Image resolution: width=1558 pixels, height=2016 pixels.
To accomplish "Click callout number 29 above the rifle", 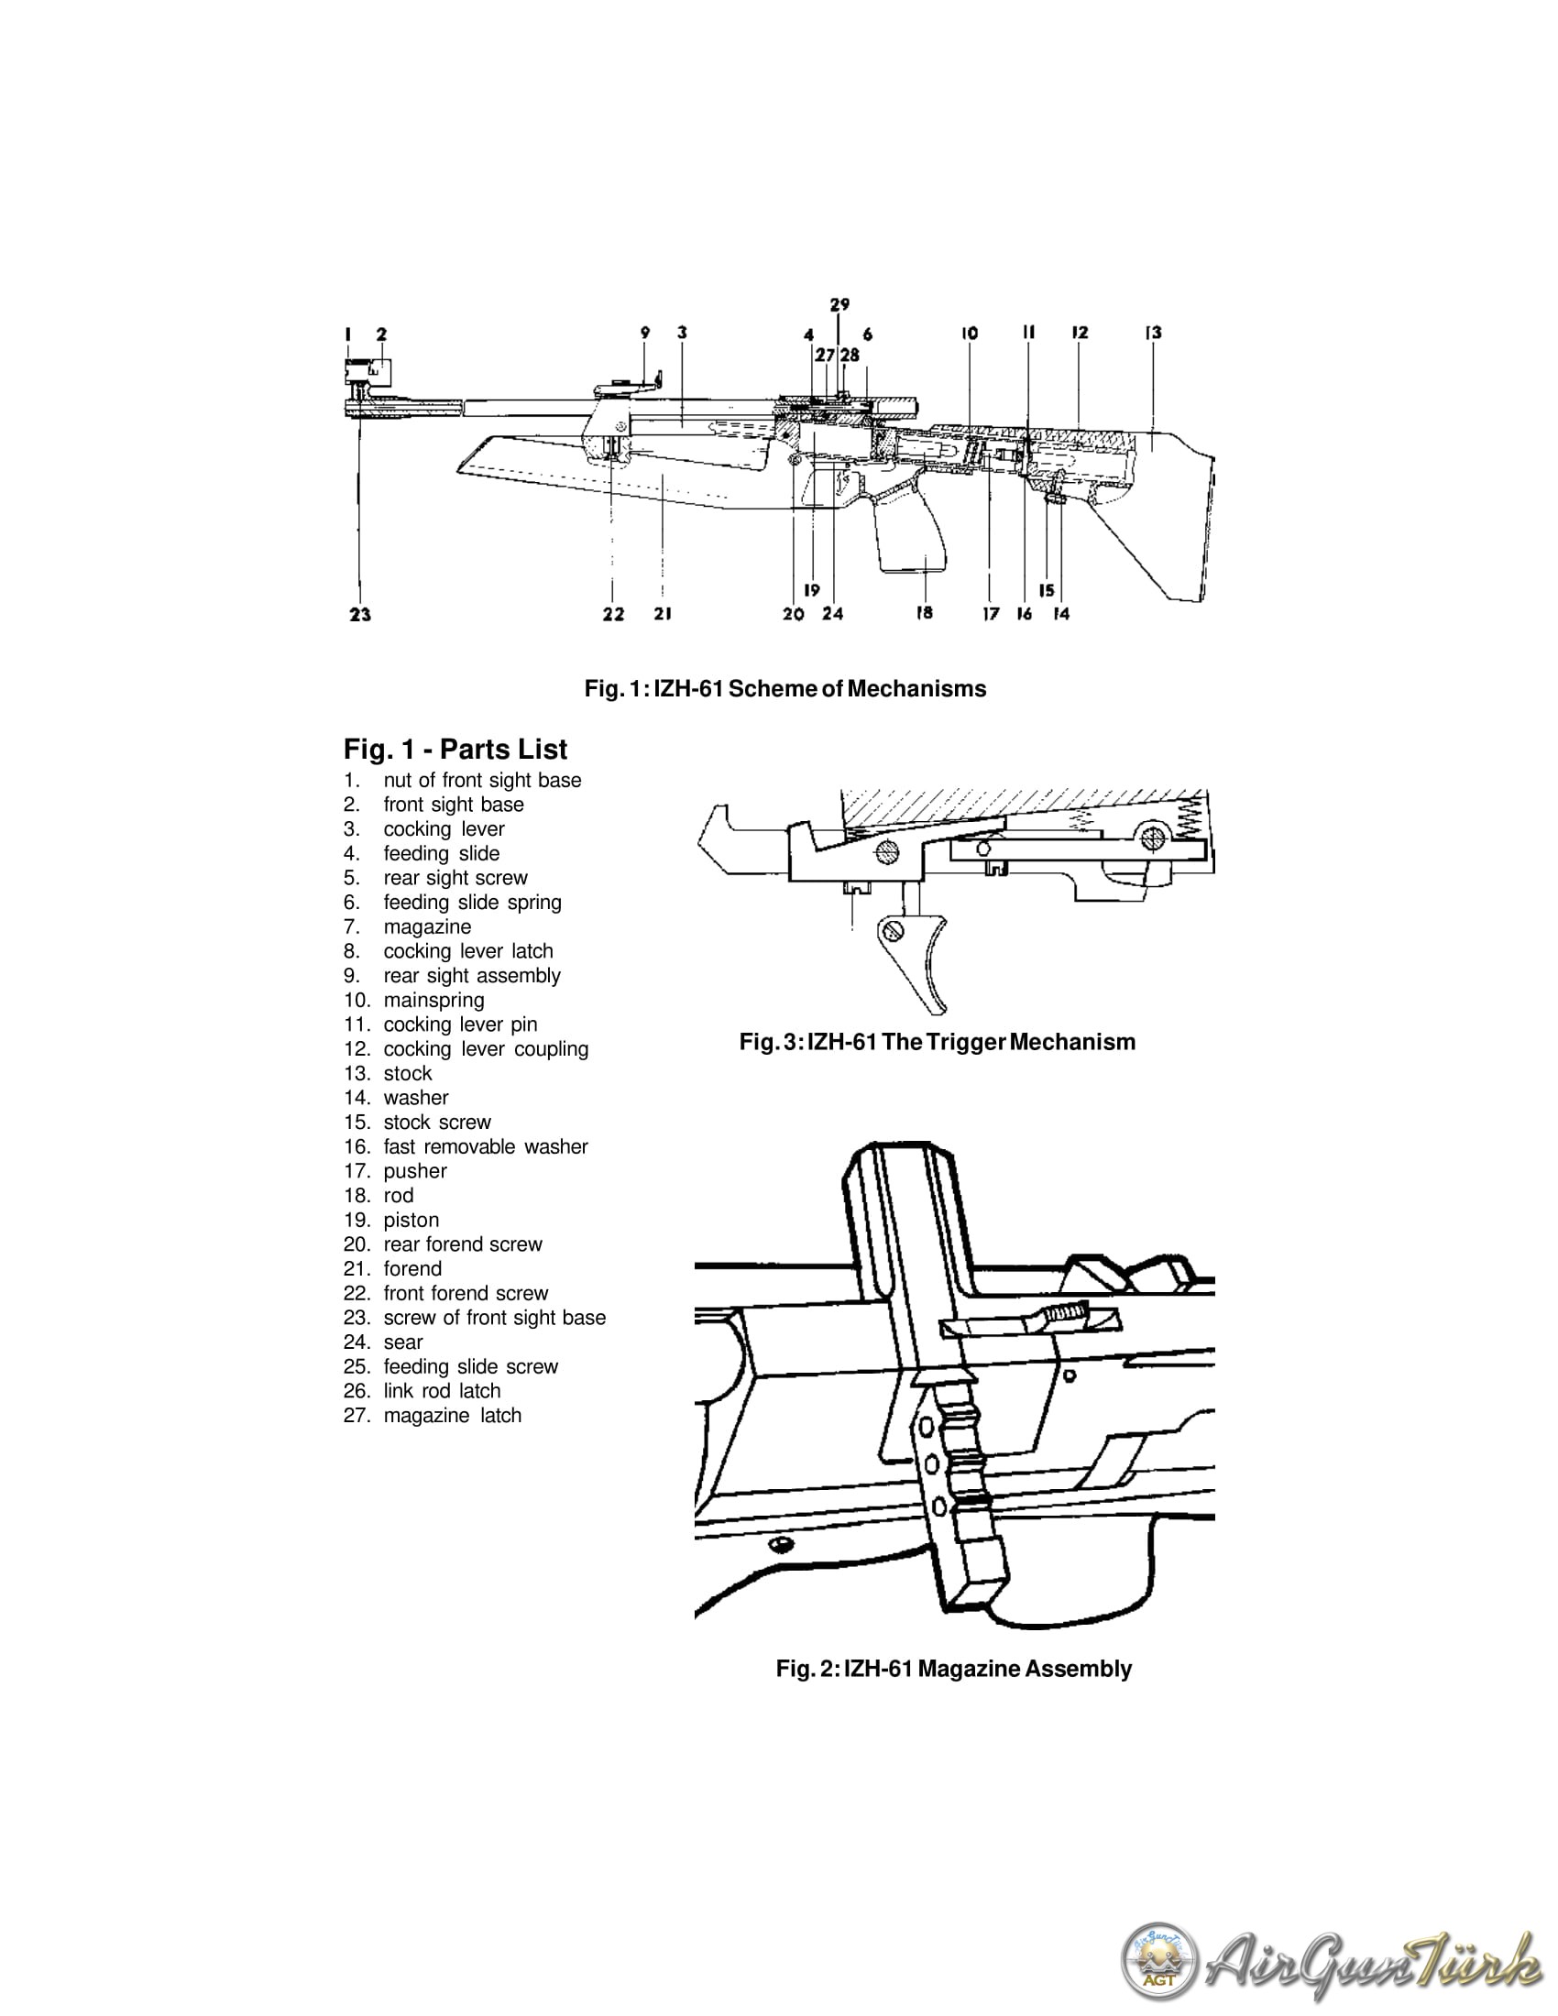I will tap(839, 304).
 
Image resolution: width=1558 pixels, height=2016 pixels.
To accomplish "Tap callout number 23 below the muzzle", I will tap(360, 615).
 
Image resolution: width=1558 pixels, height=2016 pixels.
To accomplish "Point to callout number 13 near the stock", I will tap(1154, 333).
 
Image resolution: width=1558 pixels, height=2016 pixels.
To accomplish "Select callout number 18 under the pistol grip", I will tap(924, 613).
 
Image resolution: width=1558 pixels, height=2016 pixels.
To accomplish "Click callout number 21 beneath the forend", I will tap(663, 614).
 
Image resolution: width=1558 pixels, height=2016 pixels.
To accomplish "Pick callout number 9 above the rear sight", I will tap(645, 333).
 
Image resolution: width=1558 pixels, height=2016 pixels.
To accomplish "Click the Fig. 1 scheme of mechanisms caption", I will tap(784, 689).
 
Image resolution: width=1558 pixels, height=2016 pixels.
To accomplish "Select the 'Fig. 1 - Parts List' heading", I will tap(455, 750).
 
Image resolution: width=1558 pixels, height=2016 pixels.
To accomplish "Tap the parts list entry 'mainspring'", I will tap(433, 1000).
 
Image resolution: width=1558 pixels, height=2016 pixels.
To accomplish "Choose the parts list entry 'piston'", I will tap(411, 1220).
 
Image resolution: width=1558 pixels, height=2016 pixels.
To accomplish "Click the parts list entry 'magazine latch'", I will tap(452, 1415).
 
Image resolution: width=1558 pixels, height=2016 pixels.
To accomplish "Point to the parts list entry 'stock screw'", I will tap(436, 1122).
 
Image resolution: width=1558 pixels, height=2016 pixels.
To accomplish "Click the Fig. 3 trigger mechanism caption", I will tap(937, 1042).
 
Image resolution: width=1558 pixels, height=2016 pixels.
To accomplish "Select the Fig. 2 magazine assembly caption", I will tap(953, 1669).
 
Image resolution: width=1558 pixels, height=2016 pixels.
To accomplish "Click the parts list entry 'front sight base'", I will tap(453, 805).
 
